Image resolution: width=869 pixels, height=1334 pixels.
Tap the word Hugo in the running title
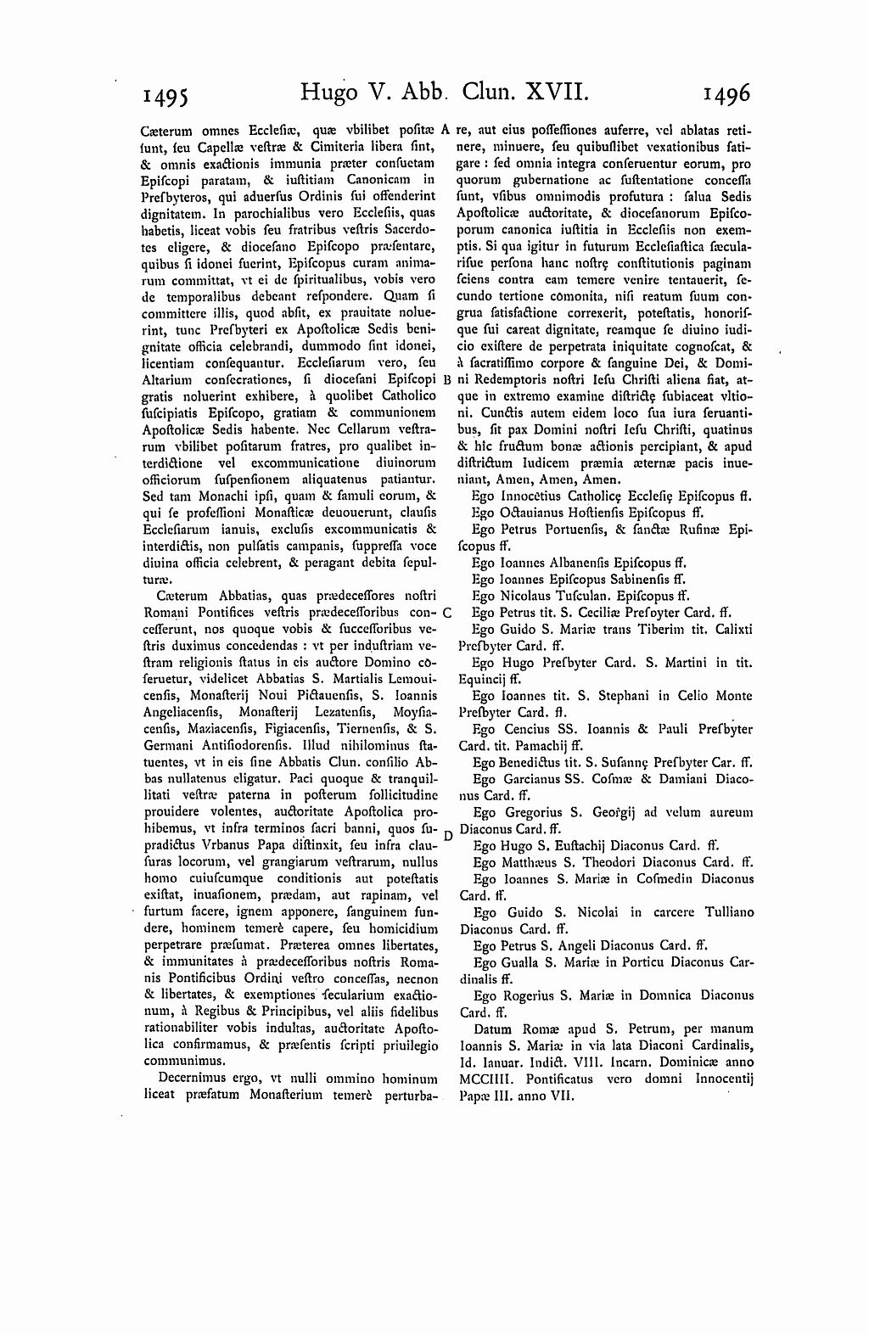click(x=329, y=91)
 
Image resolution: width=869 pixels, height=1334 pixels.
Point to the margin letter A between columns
click(x=445, y=131)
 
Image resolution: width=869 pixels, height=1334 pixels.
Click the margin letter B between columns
click(x=446, y=379)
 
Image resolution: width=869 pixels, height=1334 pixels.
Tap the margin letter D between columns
click(x=447, y=835)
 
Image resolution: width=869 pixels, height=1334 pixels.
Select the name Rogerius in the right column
click(x=527, y=995)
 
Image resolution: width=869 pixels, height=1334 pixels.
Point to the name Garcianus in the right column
click(x=530, y=778)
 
